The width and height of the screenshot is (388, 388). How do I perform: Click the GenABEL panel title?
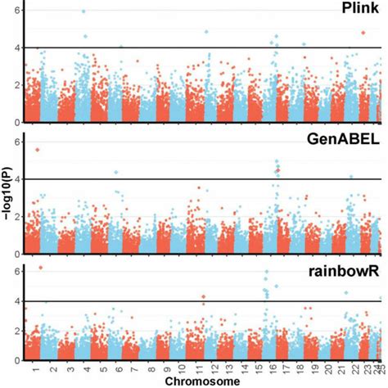[343, 139]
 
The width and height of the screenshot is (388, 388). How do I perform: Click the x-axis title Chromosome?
[202, 381]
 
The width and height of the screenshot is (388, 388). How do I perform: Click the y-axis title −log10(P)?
[7, 196]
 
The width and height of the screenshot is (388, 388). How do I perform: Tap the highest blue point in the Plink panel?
[84, 11]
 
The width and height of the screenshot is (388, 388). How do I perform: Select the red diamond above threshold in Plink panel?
[363, 33]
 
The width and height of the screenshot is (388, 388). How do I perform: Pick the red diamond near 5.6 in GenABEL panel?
[37, 150]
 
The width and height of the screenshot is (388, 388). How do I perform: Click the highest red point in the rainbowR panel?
[40, 268]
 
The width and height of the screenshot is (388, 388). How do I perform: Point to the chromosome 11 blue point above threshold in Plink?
[206, 33]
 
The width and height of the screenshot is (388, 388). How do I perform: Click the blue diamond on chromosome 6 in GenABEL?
[116, 173]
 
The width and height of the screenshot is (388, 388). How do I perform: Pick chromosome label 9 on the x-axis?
[168, 370]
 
